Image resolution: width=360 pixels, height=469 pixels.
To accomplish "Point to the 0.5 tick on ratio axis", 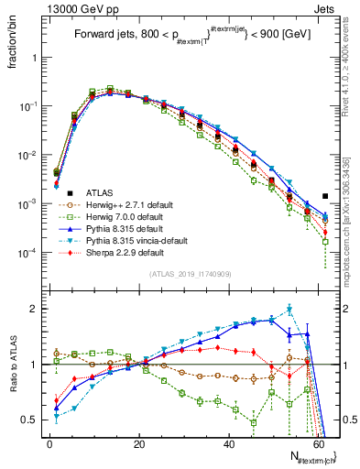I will pos(31,420).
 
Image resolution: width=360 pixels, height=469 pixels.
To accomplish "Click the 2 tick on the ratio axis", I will pos(35,309).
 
